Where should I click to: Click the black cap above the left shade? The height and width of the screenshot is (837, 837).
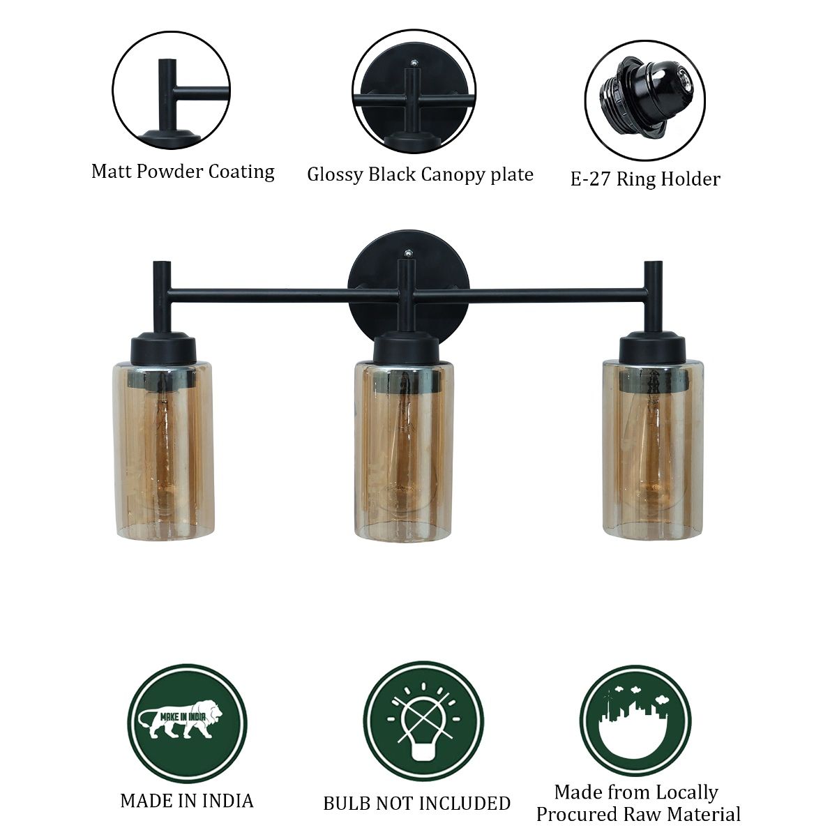163,349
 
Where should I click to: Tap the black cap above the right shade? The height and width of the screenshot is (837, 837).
654,347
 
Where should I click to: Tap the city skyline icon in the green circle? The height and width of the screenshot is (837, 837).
635,721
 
